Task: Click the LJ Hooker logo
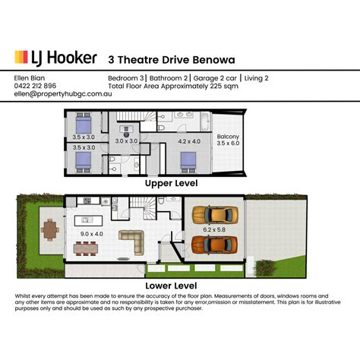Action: pos(56,58)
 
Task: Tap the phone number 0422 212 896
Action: pos(33,85)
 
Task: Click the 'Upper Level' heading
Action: pos(172,184)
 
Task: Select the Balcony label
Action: pos(228,138)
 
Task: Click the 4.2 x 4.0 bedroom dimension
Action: pos(189,141)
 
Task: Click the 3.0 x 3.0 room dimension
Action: pos(125,141)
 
